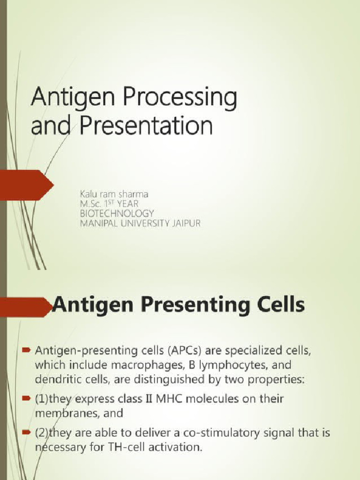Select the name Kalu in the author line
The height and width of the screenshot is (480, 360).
pyautogui.click(x=88, y=193)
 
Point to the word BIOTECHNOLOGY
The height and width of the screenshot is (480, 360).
pyautogui.click(x=117, y=213)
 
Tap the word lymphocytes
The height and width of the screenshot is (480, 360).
pyautogui.click(x=220, y=365)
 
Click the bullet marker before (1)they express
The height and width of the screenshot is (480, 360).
pyautogui.click(x=28, y=398)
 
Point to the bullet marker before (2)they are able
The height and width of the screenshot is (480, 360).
pyautogui.click(x=28, y=433)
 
